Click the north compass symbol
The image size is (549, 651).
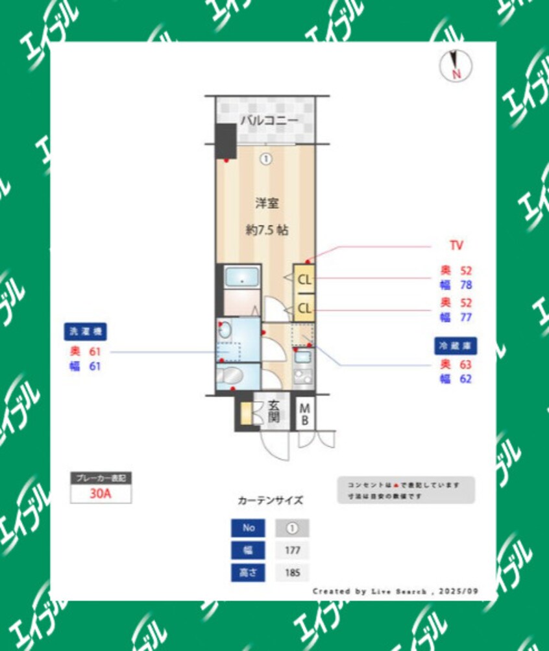coord(456,66)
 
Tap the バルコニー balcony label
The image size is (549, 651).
coord(269,120)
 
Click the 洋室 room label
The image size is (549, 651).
coord(267,203)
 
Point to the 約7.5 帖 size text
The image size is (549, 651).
coord(267,229)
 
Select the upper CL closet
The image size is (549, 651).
coord(304,280)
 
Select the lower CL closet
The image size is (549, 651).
coord(304,308)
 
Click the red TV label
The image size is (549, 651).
coord(456,246)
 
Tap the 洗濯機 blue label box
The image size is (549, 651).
coord(85,331)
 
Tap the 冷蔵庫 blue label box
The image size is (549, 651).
coord(456,345)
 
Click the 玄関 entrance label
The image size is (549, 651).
coord(274,410)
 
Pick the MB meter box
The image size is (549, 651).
coord(304,413)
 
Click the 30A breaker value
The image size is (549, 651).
coord(101,493)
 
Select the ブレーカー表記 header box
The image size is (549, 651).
coord(101,478)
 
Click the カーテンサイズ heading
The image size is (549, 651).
coord(270,500)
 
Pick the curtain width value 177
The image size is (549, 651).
coord(292,550)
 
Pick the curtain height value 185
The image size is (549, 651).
coord(292,572)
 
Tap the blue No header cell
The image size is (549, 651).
coord(249,528)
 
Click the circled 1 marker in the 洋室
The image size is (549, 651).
coord(266,158)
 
